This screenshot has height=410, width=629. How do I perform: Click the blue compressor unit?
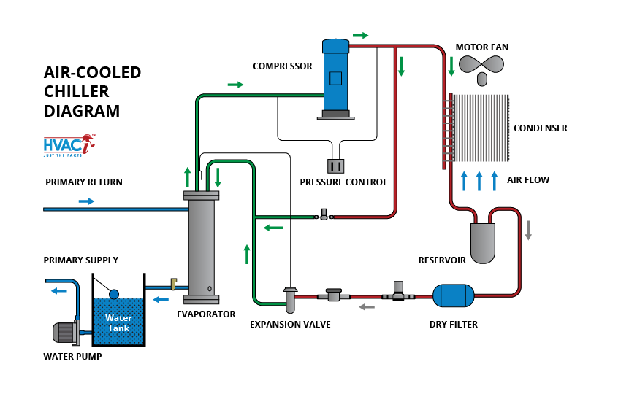tap(335, 76)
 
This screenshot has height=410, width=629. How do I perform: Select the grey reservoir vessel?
tap(482, 242)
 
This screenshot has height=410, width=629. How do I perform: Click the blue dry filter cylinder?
tap(453, 295)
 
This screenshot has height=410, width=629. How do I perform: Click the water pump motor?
tap(66, 332)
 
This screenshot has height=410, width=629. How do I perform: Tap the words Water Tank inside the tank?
tap(118, 322)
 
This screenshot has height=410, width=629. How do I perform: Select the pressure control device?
tap(336, 166)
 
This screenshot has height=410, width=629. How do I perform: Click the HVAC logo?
tap(69, 145)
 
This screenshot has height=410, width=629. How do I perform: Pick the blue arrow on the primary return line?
tap(86, 201)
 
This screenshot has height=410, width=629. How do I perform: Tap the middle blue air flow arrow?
tap(479, 180)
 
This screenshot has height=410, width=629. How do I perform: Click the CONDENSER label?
tap(540, 128)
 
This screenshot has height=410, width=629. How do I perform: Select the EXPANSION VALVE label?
tap(290, 324)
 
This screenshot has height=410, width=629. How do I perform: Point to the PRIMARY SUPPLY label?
tap(80, 260)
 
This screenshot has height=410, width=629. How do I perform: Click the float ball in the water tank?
tap(113, 293)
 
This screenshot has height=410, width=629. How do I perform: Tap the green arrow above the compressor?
tap(361, 35)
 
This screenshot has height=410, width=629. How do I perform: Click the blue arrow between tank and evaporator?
tap(159, 298)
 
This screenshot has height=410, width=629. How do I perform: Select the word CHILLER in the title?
tap(77, 91)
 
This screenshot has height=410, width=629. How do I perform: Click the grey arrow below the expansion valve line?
tap(366, 307)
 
